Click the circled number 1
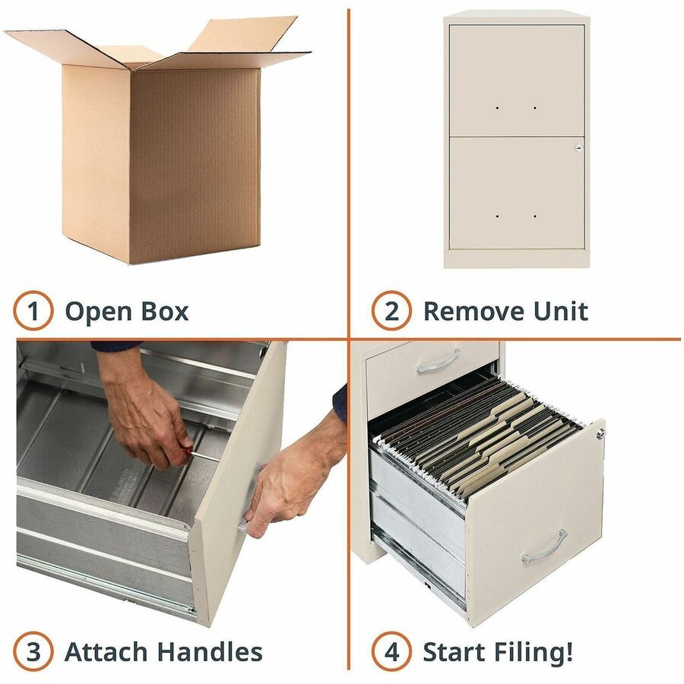(33, 311)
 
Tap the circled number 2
(391, 311)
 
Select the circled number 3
(33, 651)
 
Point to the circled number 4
(391, 651)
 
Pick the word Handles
(210, 652)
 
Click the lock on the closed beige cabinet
(578, 147)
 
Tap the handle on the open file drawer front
(544, 547)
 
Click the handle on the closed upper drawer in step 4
(439, 362)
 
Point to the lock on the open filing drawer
(600, 434)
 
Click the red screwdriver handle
(187, 451)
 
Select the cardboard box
(158, 140)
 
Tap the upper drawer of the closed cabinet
(517, 81)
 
